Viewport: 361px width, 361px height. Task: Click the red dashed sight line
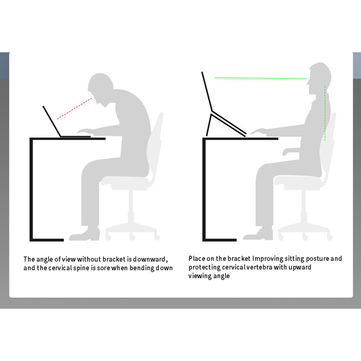[x=74, y=108]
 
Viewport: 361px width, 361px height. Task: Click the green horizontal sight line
[x=261, y=78]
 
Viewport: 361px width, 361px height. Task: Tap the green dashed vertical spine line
[x=325, y=113]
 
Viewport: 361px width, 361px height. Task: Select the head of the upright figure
[x=319, y=78]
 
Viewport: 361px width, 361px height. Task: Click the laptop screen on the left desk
[x=52, y=121]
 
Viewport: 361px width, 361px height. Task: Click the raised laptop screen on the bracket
[x=207, y=92]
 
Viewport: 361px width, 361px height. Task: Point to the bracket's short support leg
[x=209, y=125]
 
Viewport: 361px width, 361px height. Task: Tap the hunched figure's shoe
[x=85, y=234]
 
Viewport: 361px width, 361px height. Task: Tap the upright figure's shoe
[x=258, y=234]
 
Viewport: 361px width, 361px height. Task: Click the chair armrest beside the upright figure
[x=291, y=151]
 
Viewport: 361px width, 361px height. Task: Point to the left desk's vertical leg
[x=31, y=189]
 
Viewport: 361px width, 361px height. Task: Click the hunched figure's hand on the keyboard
[x=85, y=131]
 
